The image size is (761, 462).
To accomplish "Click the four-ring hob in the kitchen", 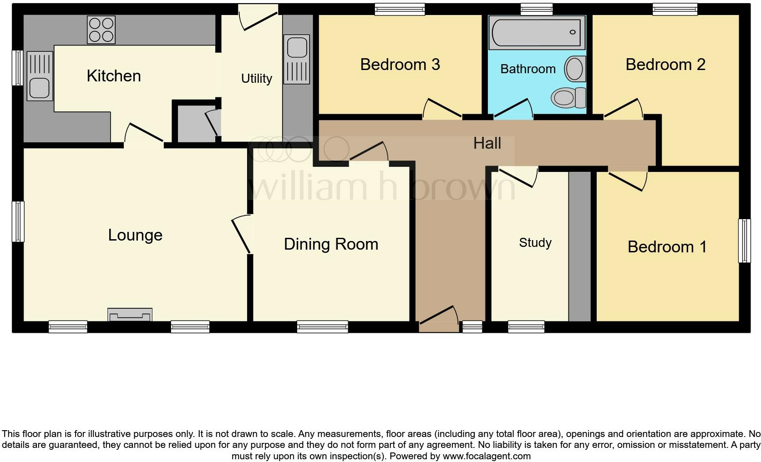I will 101,30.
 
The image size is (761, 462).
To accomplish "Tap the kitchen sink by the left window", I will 40,76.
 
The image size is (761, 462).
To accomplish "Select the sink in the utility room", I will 297,60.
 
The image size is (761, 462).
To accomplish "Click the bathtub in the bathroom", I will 537,32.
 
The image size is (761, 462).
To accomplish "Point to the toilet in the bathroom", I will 568,97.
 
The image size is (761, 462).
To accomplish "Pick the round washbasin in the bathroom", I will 575,70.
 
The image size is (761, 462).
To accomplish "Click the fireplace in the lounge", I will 130,315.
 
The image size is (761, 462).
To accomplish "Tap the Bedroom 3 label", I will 400,65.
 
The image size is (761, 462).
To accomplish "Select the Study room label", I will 535,243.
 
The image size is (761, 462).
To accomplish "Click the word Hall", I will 487,143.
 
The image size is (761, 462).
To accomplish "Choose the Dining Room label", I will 331,244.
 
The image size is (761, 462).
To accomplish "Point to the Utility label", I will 256,79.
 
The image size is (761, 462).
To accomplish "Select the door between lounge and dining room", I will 242,234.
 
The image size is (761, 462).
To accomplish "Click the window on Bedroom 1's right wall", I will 744,241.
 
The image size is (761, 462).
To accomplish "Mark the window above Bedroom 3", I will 399,9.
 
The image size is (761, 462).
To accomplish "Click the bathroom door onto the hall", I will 513,109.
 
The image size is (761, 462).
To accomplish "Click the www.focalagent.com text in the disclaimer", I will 487,456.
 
